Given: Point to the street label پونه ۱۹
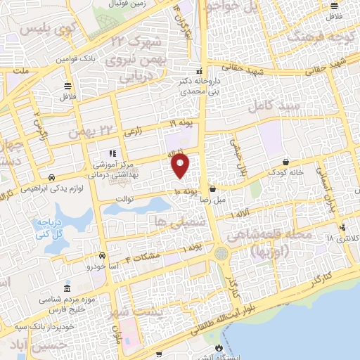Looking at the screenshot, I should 181,124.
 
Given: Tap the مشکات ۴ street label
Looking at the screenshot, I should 143,255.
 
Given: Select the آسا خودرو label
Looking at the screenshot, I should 100,266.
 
